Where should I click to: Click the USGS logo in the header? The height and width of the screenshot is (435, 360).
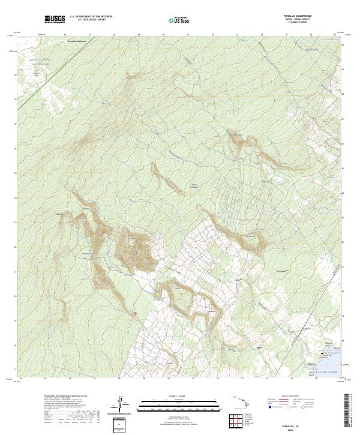[x=55, y=20]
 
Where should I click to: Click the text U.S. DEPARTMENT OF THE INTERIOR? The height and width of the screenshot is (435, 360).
[x=91, y=17]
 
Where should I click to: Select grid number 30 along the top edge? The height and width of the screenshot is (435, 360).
[x=164, y=35]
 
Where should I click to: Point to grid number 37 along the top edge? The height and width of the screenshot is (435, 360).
[x=335, y=35]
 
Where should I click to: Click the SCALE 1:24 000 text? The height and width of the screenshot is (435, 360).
[x=176, y=396]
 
